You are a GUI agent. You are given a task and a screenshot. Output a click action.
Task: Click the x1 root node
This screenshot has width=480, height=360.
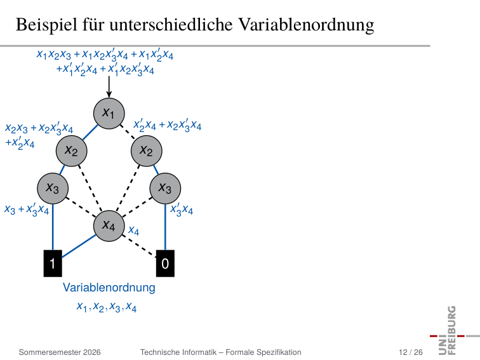[x=109, y=113]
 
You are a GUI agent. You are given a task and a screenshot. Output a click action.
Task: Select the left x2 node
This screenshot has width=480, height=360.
[x=71, y=151]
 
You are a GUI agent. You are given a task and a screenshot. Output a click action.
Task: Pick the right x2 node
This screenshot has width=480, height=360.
[x=146, y=151]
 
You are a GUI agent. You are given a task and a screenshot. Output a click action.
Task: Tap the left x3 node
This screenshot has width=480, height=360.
[x=53, y=189]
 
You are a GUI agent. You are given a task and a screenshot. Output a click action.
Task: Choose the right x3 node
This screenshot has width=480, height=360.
[x=165, y=189]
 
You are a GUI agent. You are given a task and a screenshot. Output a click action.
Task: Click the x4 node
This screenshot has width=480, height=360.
[x=109, y=226]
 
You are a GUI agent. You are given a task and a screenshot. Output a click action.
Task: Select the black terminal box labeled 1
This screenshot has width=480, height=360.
[x=53, y=263]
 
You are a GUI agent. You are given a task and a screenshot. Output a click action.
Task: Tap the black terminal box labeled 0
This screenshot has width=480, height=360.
[x=165, y=263]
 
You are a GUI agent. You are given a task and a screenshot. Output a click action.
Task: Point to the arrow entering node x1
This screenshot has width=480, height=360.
[x=109, y=87]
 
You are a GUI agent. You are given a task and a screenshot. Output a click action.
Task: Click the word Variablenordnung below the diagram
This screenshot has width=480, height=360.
[x=109, y=288]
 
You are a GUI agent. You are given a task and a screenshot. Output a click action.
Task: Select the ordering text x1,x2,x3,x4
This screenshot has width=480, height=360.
[x=106, y=307]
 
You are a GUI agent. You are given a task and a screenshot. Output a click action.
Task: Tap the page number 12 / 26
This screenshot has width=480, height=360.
[x=411, y=352]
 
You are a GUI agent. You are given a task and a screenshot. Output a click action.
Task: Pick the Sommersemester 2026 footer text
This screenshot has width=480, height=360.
[x=60, y=352]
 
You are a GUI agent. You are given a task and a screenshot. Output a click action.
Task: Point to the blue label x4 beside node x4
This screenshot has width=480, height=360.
[x=133, y=230]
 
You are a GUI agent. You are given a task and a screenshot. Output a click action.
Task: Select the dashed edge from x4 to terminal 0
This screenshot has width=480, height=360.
[x=139, y=246]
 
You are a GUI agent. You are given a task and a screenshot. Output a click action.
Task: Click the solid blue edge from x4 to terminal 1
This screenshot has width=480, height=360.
[x=79, y=246]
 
